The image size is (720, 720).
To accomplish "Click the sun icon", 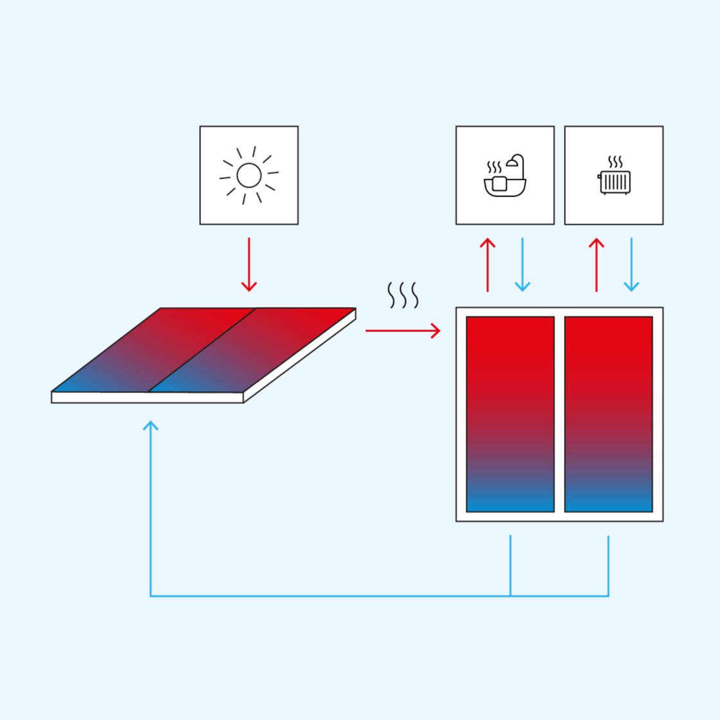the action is [249, 175].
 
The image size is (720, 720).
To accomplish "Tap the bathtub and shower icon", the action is [505, 177].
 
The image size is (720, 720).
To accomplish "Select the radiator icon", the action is [615, 181].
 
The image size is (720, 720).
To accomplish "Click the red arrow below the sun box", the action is [249, 265].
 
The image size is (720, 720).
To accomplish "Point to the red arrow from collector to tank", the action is [403, 331].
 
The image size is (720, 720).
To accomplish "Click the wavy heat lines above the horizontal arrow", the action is [403, 295].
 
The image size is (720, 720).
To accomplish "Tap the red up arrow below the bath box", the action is [487, 265].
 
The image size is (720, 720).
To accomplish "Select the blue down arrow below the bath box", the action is [523, 265].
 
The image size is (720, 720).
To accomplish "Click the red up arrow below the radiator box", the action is [597, 265].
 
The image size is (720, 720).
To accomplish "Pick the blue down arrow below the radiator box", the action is [631, 265].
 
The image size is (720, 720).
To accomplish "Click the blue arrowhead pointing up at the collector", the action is [150, 426].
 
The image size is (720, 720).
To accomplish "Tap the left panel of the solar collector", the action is [154, 350].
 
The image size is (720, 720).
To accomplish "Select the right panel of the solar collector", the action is [252, 350].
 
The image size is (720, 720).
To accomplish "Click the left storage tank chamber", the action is [510, 414].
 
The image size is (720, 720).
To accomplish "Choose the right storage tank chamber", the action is [608, 414].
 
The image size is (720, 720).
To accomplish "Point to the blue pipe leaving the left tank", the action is [511, 565].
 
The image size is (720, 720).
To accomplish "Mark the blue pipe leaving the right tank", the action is [608, 565].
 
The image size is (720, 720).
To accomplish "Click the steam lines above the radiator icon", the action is [615, 162].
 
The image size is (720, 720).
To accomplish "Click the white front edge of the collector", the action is [148, 398].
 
